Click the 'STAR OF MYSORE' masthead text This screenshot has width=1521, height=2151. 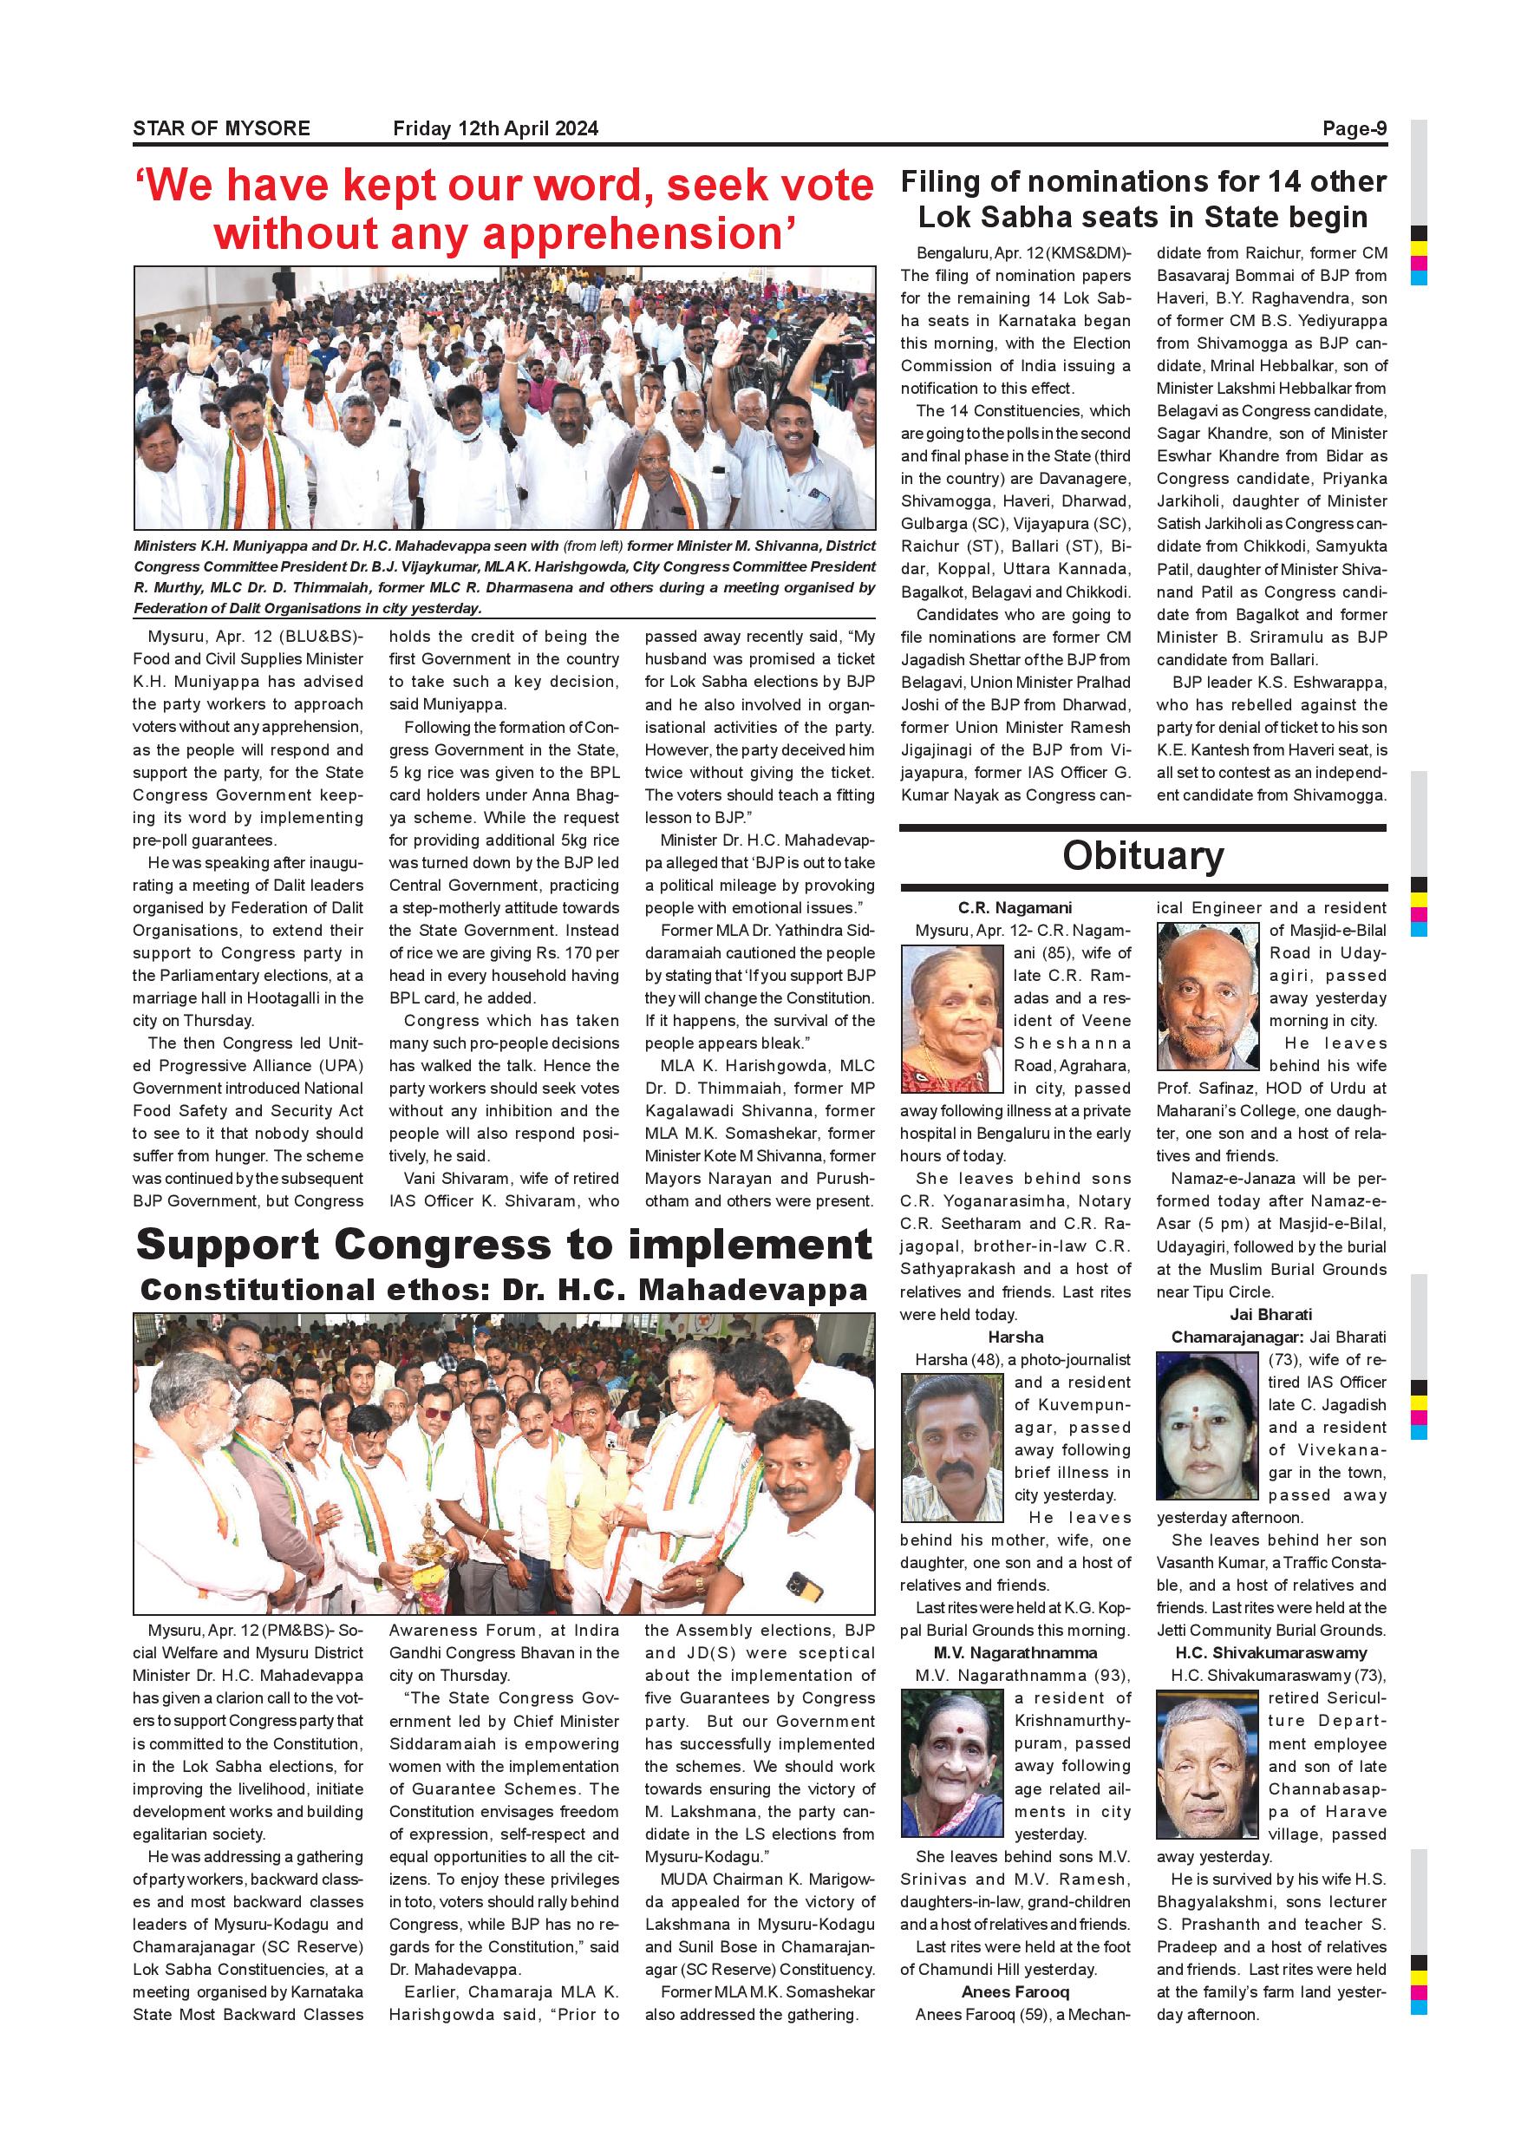click(221, 128)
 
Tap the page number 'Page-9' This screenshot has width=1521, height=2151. click(1354, 128)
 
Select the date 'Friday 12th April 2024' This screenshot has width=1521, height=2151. click(495, 128)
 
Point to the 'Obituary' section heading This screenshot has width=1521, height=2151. click(1143, 855)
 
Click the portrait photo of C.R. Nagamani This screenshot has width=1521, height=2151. click(951, 1018)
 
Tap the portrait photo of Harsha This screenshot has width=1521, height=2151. click(951, 1448)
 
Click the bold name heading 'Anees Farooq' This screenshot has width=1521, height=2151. click(1015, 1991)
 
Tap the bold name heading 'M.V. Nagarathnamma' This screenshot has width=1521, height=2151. click(1015, 1652)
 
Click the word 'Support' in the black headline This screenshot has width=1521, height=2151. click(229, 1245)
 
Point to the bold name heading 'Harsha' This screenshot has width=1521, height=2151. click(1015, 1337)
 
